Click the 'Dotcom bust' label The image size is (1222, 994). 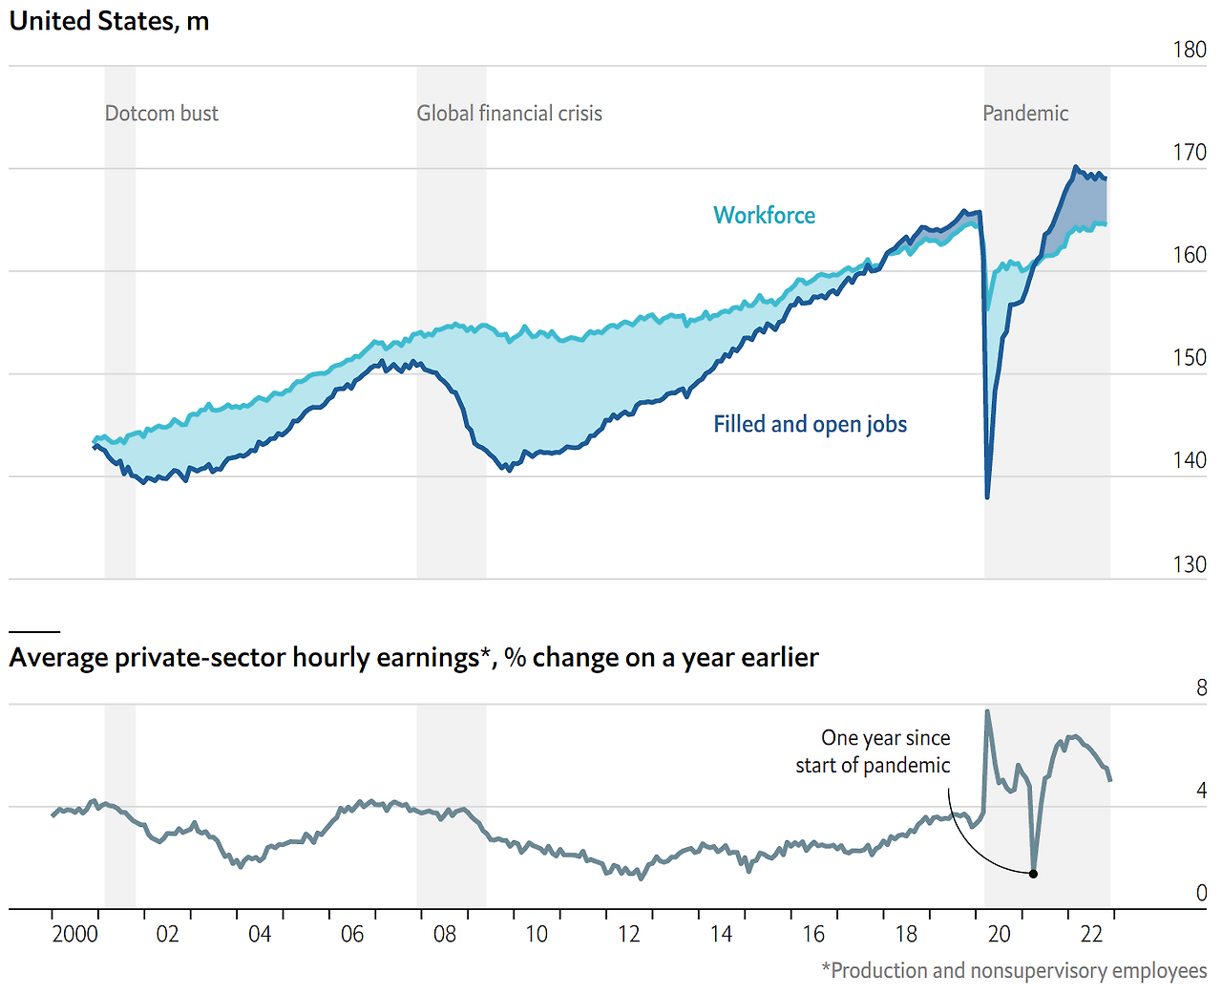tap(161, 114)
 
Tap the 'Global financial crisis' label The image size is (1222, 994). tap(509, 114)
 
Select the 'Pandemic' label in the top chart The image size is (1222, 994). tap(1025, 114)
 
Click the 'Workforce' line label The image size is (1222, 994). tap(764, 216)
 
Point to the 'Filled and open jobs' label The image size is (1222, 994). tap(810, 425)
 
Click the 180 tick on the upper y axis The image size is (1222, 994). tap(1190, 50)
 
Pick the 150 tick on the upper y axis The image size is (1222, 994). tap(1190, 358)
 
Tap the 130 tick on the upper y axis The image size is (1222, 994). tap(1190, 564)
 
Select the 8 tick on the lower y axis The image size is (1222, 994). tap(1201, 688)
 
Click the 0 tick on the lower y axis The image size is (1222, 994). tap(1201, 893)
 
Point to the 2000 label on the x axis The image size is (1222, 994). tap(74, 934)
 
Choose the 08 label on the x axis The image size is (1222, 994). tap(445, 934)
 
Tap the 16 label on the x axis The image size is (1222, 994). tap(813, 934)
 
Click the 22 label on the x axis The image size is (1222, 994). tap(1091, 934)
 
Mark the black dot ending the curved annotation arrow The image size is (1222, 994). tap(1033, 873)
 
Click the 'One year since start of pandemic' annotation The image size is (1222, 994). tap(873, 751)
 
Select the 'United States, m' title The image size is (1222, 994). tap(109, 21)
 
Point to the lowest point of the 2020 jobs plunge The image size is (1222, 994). tap(987, 497)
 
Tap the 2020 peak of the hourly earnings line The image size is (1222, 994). tap(987, 711)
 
